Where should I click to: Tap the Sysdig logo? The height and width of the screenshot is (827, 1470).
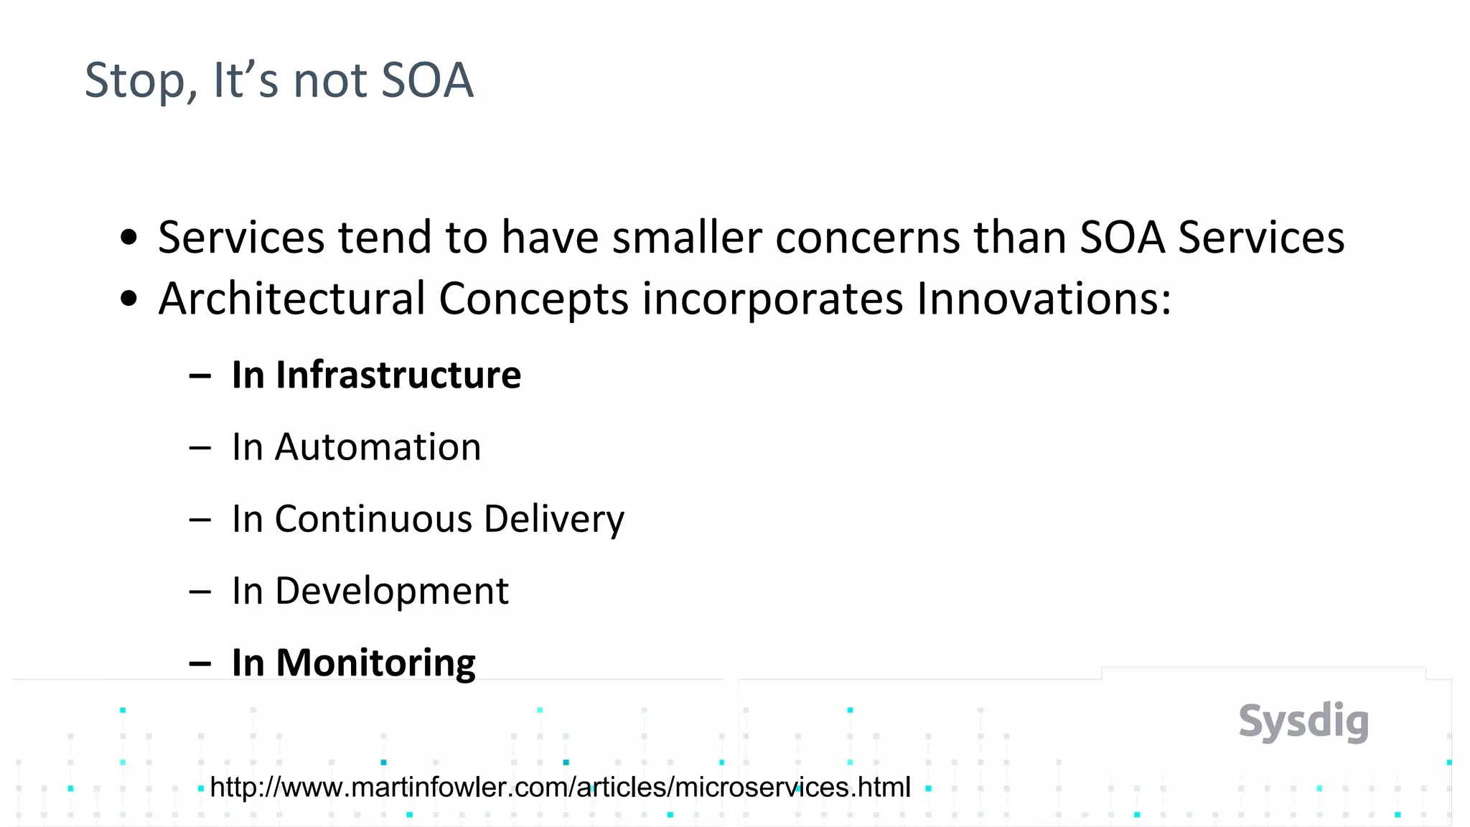1303,721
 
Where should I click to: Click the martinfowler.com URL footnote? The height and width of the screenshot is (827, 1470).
560,788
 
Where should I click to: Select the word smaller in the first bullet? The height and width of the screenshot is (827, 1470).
686,238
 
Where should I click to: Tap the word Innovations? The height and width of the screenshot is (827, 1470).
1044,299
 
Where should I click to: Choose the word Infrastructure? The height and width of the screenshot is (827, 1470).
398,375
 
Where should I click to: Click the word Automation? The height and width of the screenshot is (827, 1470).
378,447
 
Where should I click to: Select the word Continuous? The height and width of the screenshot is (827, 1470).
373,519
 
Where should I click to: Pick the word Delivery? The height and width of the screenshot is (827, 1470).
553,519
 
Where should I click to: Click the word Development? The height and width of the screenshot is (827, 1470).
391,592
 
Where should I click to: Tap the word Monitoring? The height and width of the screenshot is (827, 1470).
375,663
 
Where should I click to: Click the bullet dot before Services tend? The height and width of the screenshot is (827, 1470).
128,238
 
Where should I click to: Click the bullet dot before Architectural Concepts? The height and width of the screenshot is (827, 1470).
128,299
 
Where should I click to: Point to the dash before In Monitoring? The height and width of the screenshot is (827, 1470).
200,664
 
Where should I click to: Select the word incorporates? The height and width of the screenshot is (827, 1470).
772,299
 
